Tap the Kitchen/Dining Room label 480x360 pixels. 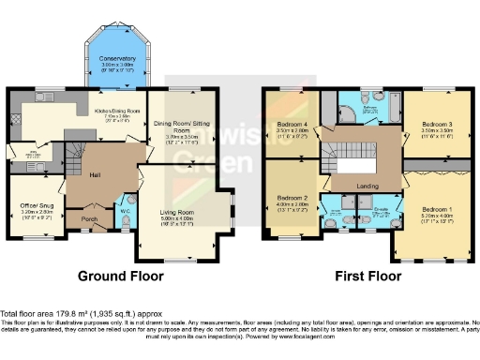(117, 112)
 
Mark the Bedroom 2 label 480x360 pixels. (291, 199)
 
